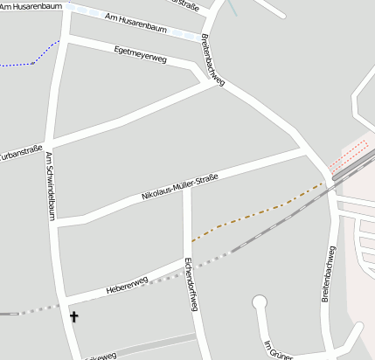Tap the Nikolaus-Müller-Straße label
coord(179,189)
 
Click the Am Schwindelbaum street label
coord(52,187)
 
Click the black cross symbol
coord(73,317)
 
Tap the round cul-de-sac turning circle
coord(259,303)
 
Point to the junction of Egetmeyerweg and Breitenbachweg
coord(211,77)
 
